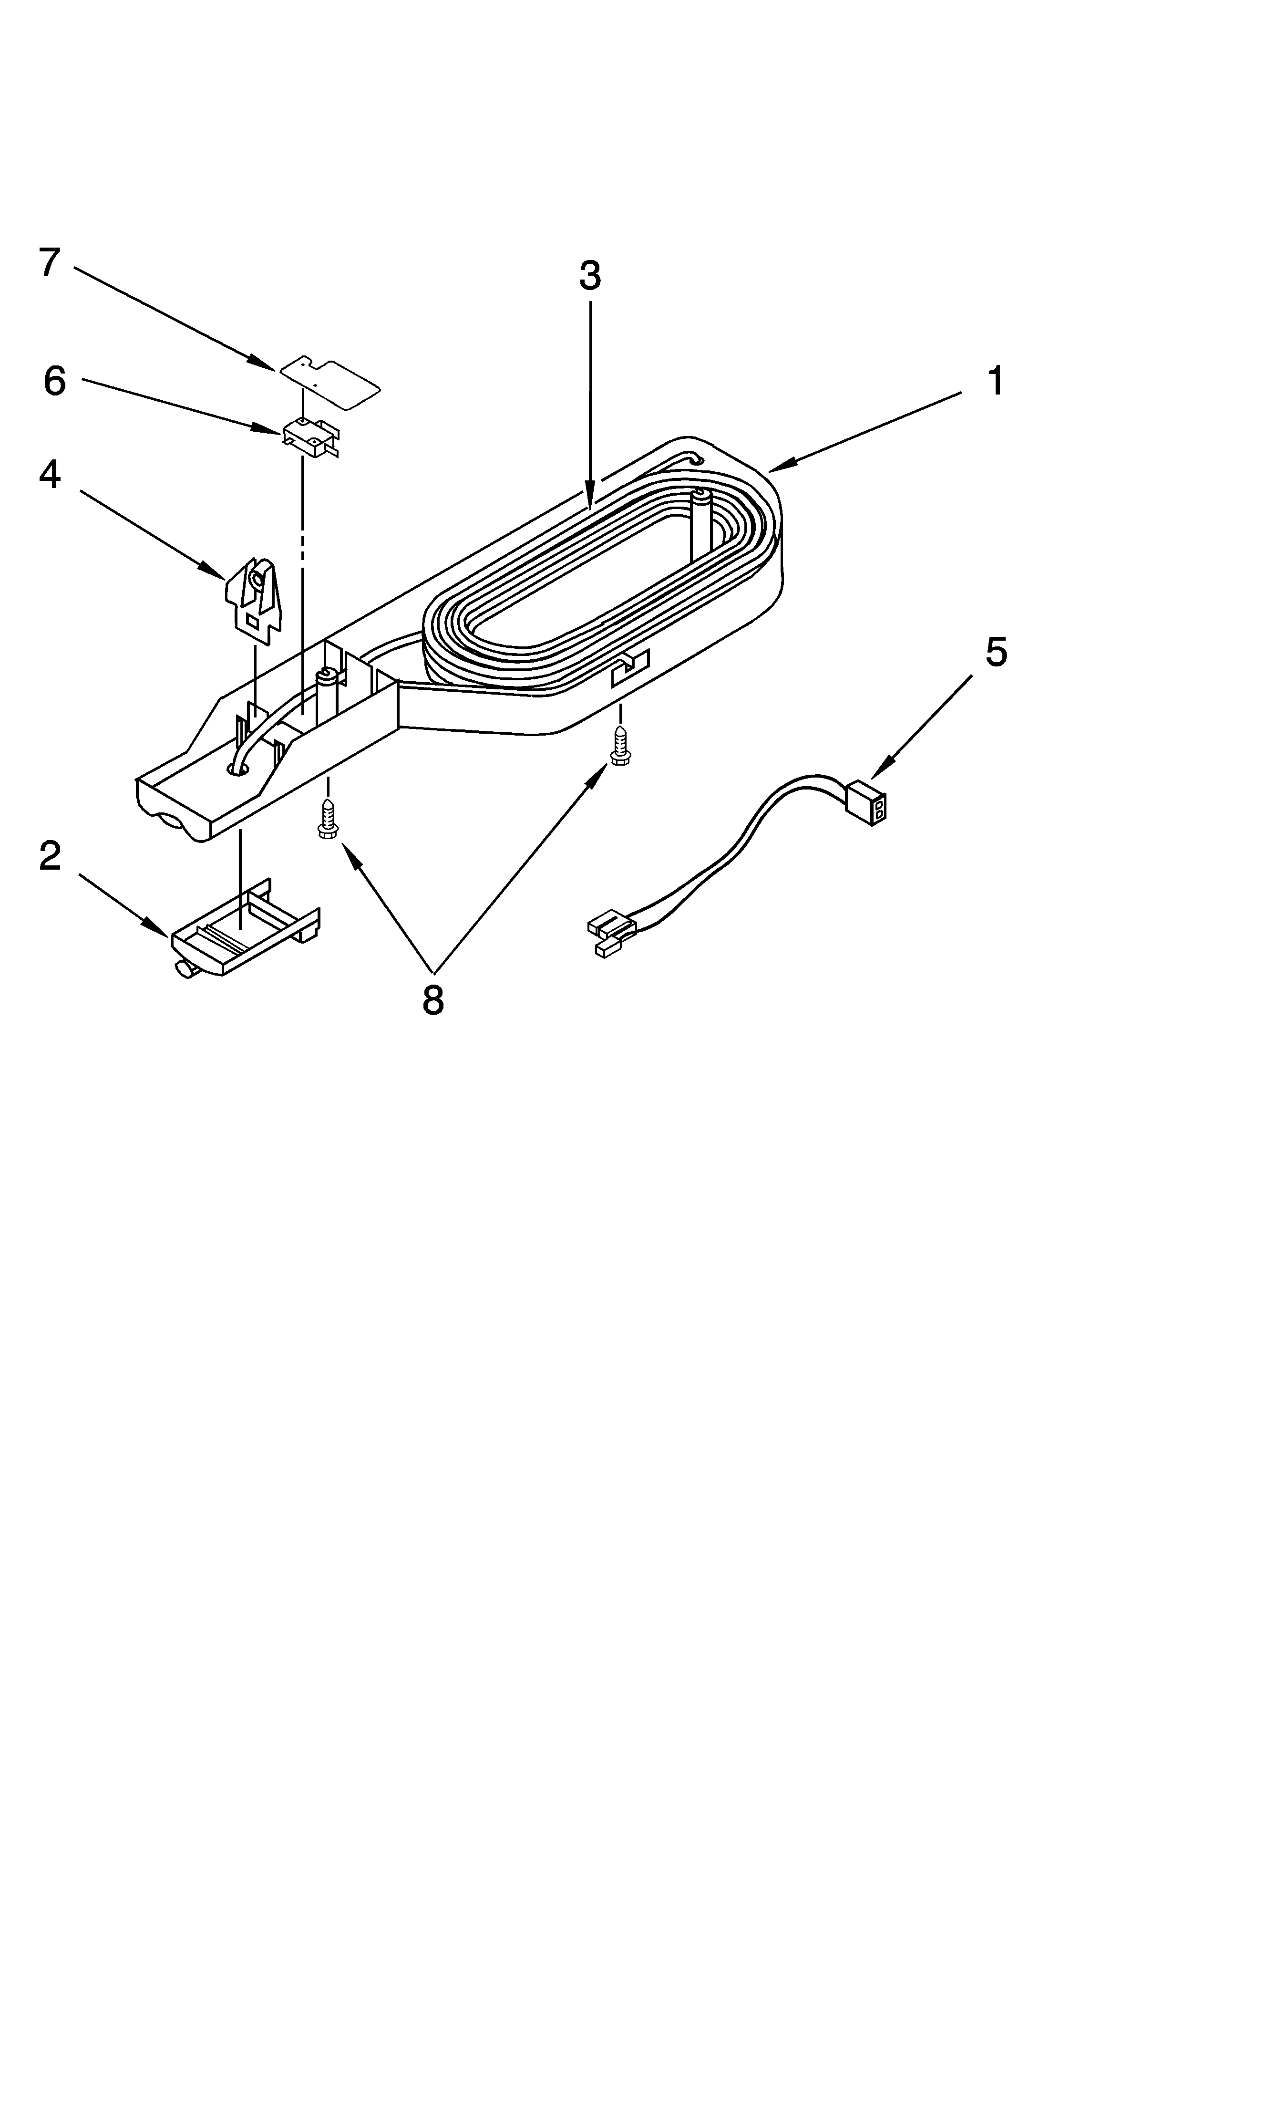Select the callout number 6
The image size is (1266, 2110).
coord(55,381)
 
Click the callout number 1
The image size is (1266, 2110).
coord(996,381)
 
